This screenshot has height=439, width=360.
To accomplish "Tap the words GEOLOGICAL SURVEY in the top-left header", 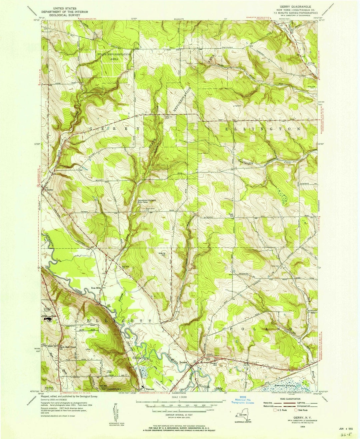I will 68,15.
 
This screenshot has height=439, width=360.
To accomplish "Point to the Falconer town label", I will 148,388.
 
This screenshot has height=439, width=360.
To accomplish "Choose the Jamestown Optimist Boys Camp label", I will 147,202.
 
